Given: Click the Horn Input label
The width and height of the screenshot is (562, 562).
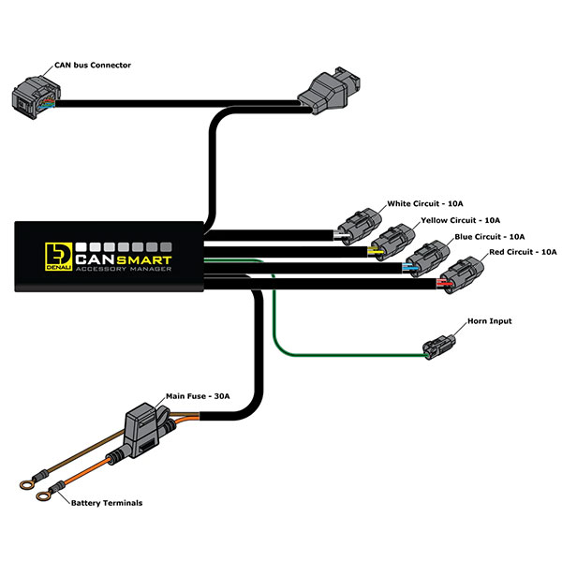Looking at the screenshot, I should click(491, 321).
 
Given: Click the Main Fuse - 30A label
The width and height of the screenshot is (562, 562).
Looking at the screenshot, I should click(201, 397).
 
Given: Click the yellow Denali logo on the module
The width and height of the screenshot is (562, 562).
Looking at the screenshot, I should click(55, 254).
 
